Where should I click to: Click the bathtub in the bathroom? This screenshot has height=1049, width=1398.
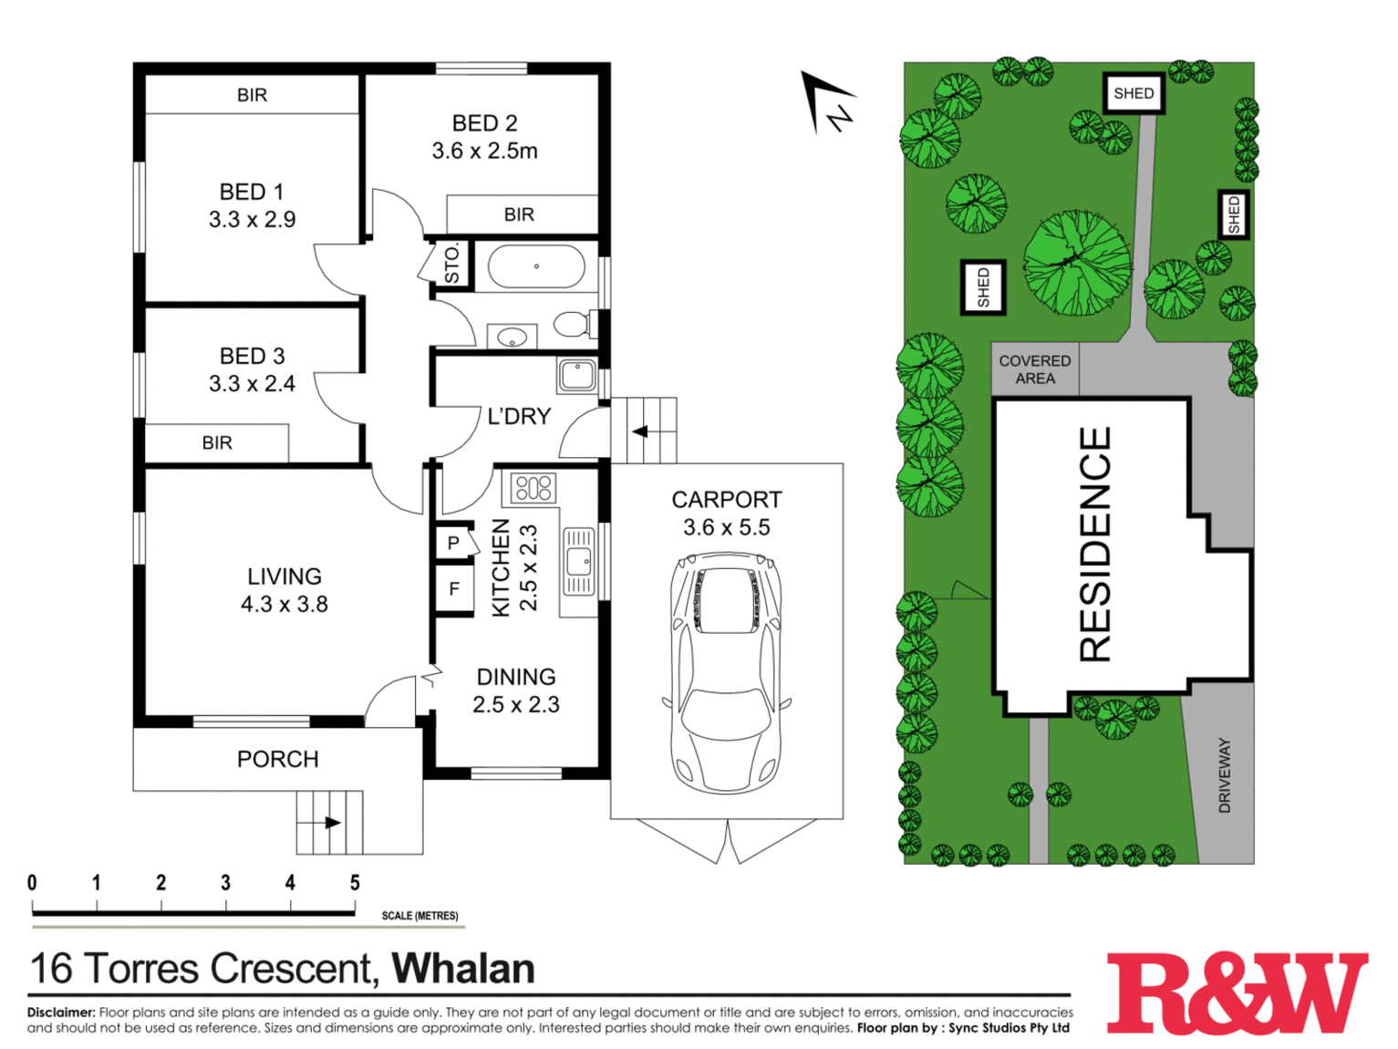pyautogui.click(x=535, y=266)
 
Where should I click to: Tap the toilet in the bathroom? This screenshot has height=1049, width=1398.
pyautogui.click(x=575, y=324)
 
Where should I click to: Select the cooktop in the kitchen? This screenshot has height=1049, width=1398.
pyautogui.click(x=533, y=489)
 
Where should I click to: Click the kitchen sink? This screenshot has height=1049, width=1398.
pyautogui.click(x=578, y=561)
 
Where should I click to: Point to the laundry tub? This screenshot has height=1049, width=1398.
pyautogui.click(x=577, y=375)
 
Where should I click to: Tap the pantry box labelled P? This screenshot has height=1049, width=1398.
pyautogui.click(x=454, y=543)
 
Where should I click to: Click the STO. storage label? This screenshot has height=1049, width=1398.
pyautogui.click(x=451, y=265)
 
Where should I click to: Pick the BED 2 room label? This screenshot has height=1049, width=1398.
pyautogui.click(x=484, y=123)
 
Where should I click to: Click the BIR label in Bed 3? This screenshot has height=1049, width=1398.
pyautogui.click(x=216, y=442)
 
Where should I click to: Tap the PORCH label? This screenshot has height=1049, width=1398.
pyautogui.click(x=278, y=759)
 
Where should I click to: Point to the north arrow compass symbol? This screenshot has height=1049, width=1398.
pyautogui.click(x=827, y=103)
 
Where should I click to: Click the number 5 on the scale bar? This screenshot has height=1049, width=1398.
pyautogui.click(x=355, y=883)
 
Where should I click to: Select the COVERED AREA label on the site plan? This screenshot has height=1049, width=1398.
pyautogui.click(x=1034, y=369)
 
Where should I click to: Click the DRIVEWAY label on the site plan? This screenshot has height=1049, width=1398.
pyautogui.click(x=1224, y=775)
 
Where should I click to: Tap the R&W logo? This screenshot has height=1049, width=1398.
pyautogui.click(x=1237, y=993)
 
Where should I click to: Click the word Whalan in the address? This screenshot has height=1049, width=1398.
pyautogui.click(x=463, y=969)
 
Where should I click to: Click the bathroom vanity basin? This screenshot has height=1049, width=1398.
pyautogui.click(x=513, y=337)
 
